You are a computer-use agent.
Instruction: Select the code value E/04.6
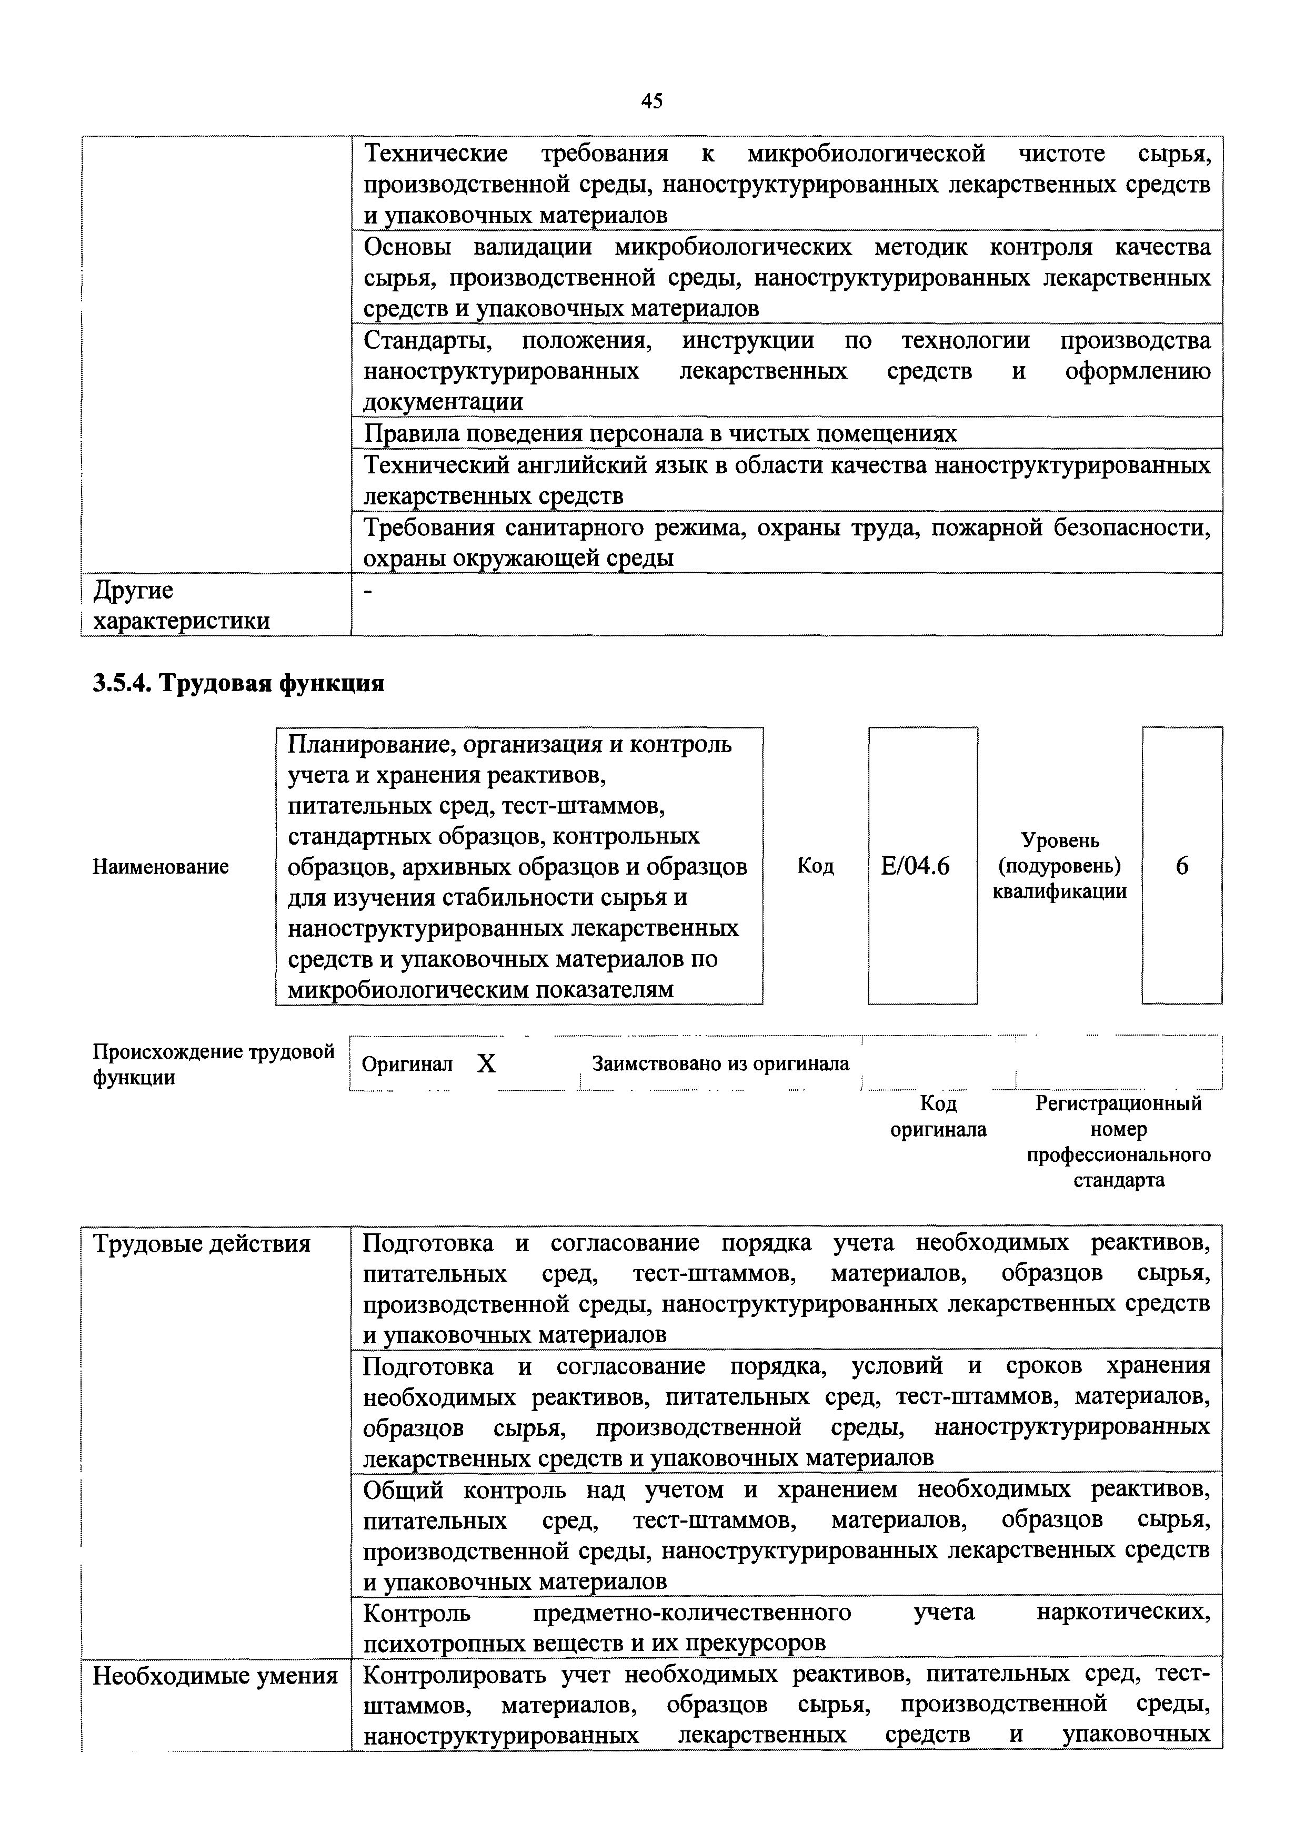click(915, 866)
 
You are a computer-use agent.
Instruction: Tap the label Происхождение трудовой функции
click(213, 1065)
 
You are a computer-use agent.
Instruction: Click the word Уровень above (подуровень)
click(1060, 840)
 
